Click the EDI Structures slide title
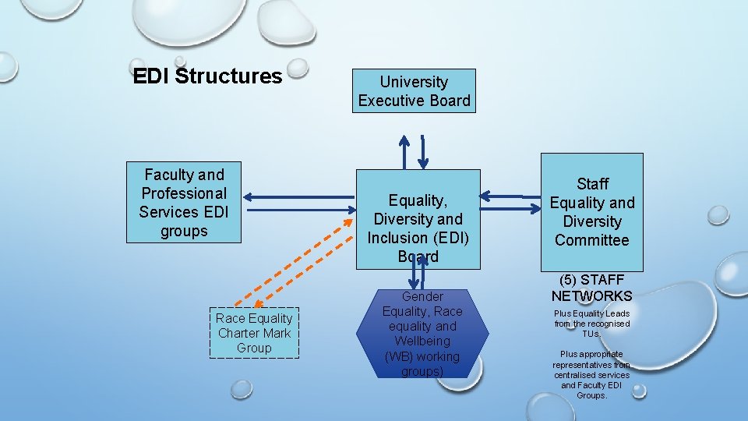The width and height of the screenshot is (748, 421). [207, 76]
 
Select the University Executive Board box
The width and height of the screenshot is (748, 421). [414, 91]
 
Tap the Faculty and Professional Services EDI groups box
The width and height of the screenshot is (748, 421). [184, 203]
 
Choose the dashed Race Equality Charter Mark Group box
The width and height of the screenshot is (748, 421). [254, 333]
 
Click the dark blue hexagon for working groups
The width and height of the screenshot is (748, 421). [422, 334]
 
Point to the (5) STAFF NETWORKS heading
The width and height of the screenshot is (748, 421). [592, 288]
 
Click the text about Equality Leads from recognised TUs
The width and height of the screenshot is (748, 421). [592, 324]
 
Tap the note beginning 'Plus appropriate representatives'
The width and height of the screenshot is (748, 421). [592, 374]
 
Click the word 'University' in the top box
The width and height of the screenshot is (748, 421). [414, 82]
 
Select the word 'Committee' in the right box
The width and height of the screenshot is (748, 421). [592, 240]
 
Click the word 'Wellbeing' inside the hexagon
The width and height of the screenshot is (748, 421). [422, 341]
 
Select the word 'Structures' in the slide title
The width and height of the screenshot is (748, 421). [229, 76]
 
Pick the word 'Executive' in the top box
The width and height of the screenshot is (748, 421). [387, 101]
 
